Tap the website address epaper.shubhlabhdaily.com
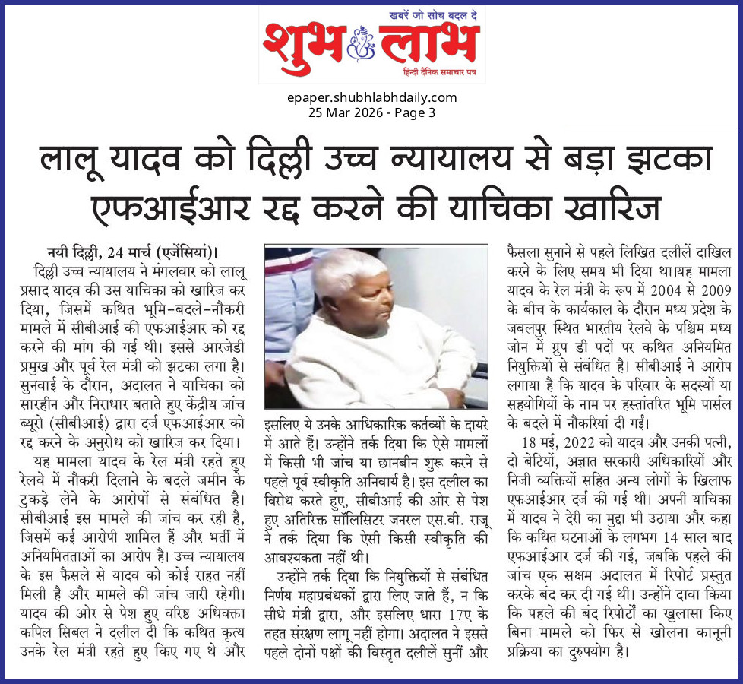371,97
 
